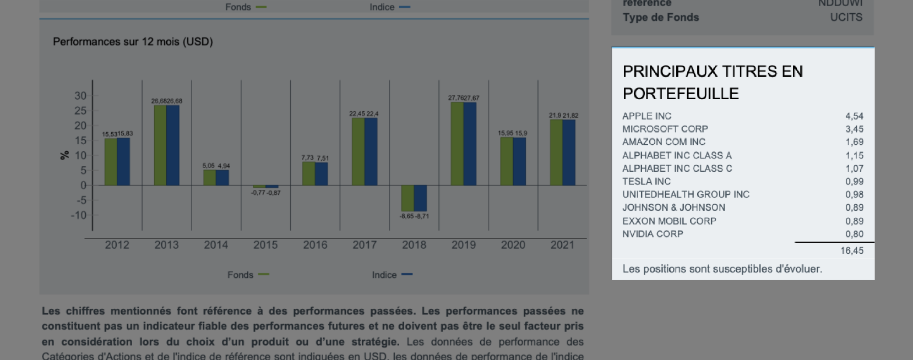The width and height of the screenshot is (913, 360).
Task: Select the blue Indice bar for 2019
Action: click(470, 144)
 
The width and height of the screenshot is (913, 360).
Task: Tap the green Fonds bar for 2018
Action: click(407, 198)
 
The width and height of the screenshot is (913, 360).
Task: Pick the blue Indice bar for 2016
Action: click(322, 174)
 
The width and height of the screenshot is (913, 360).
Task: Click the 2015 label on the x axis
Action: click(265, 245)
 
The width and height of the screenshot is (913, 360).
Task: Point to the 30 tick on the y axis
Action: click(80, 96)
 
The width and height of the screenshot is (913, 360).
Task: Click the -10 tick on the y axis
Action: click(79, 215)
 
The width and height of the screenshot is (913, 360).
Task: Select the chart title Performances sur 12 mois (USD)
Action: click(133, 42)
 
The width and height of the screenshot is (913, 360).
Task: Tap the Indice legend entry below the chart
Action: click(392, 275)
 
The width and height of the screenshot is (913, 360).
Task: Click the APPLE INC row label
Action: click(646, 116)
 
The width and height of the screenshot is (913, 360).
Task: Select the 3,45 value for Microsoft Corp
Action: click(854, 129)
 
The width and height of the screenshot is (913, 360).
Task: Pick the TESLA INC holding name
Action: click(646, 182)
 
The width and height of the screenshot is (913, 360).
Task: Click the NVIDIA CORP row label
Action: click(653, 234)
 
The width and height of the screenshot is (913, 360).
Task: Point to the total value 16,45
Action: click(852, 251)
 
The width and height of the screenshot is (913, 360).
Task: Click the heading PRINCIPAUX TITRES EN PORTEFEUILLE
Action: click(713, 83)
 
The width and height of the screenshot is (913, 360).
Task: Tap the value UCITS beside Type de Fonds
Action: click(846, 18)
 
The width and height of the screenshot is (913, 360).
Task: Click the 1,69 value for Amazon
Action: click(854, 142)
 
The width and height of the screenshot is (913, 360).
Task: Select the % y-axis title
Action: click(64, 155)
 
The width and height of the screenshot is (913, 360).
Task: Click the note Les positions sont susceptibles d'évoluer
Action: click(722, 269)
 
